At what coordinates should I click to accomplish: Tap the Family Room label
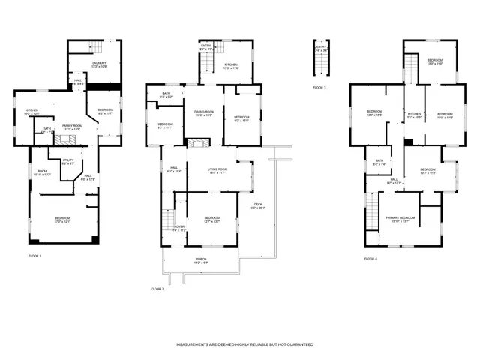(71, 127)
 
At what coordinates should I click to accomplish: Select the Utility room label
(67, 161)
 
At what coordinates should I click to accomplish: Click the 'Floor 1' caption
(35, 256)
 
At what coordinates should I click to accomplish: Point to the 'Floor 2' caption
(157, 289)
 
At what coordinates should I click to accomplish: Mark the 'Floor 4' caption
(371, 259)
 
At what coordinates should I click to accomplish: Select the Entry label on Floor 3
(322, 48)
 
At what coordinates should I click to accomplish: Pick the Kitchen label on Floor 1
(31, 112)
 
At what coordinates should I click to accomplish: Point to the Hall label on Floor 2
(173, 169)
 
